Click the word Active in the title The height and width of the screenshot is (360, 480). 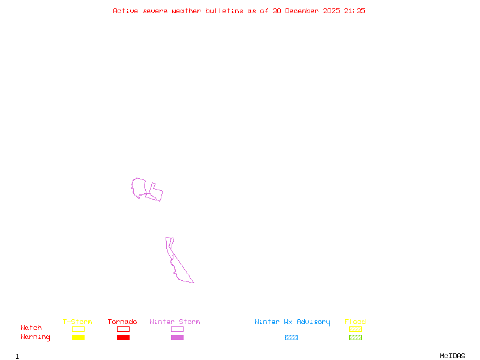coord(126,11)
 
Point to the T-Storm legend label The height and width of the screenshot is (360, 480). coord(77,322)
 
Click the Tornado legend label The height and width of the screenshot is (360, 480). coord(122,322)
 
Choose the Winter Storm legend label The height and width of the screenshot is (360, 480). coord(175,322)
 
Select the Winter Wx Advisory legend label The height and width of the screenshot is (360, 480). coord(292,322)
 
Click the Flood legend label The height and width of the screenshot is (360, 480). coord(355,322)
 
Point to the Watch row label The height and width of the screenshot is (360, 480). coord(31,328)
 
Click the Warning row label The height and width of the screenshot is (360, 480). coord(35,337)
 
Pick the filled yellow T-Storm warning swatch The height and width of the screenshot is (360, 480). coord(78,338)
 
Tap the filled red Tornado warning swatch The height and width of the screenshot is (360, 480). coord(123,338)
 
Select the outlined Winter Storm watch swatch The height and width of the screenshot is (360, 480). coord(177,329)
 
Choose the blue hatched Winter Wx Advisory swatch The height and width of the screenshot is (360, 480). coord(291,338)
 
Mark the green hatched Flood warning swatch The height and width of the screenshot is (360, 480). coord(355,338)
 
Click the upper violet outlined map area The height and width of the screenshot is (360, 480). coord(140,187)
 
